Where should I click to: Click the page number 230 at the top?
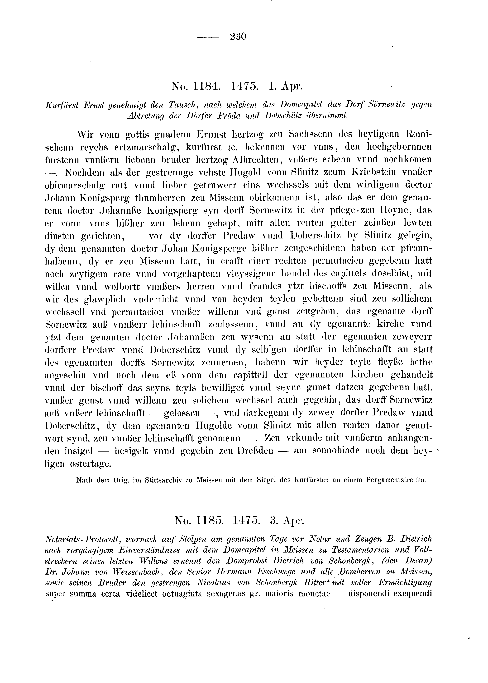238,37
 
